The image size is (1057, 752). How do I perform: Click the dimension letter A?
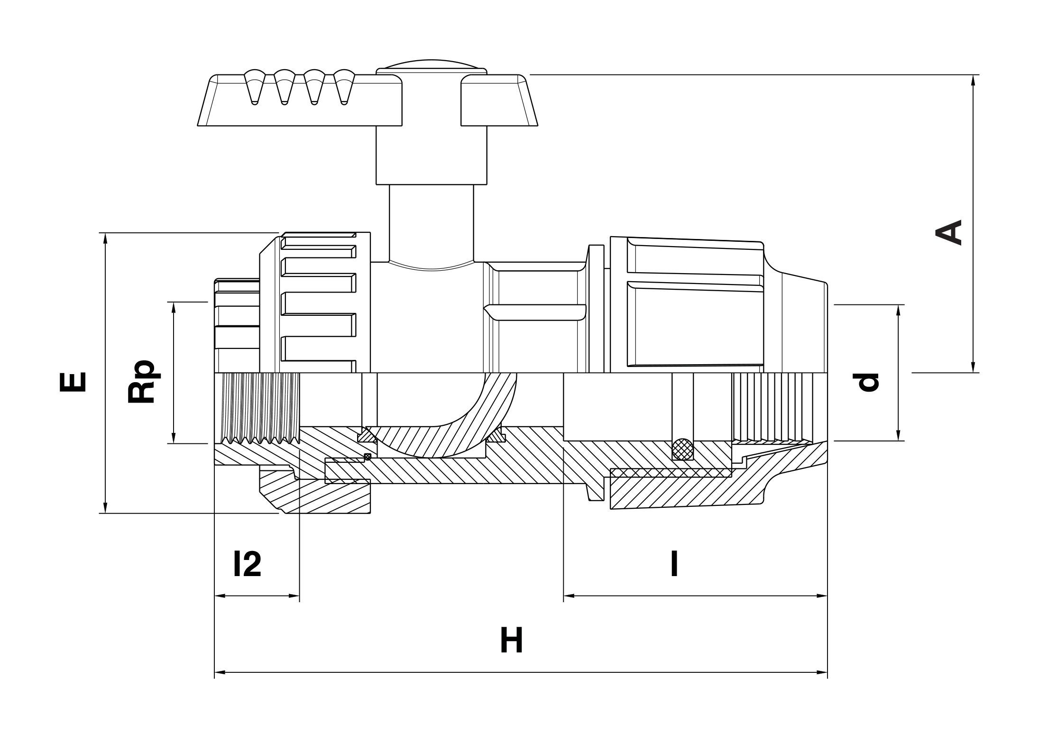(948, 232)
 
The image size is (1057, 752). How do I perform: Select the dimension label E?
(73, 382)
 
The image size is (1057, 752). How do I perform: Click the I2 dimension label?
(247, 564)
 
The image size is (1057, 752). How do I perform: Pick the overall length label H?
(511, 641)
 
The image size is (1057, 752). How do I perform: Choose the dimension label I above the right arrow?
(674, 564)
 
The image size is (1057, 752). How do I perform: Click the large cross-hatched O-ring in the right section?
(682, 448)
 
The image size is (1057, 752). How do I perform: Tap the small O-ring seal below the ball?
(367, 457)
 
